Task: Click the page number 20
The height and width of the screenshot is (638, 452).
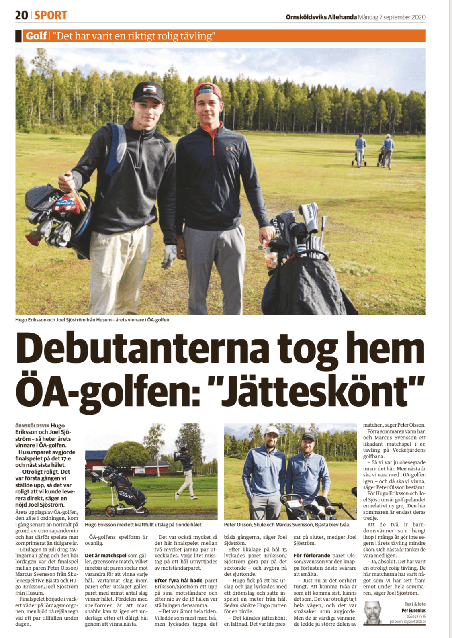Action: [x=22, y=15]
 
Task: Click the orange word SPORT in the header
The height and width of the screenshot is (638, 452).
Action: [x=51, y=15]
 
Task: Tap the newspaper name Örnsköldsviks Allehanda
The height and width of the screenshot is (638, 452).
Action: [x=321, y=17]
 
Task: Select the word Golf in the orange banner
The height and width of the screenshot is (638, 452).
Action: [x=36, y=36]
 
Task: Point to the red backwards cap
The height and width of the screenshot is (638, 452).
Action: [x=208, y=91]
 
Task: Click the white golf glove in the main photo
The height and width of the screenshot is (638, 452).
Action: [x=169, y=256]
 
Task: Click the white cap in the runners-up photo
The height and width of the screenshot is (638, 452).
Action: [x=272, y=431]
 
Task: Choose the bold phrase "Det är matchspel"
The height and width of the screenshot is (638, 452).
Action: [x=106, y=556]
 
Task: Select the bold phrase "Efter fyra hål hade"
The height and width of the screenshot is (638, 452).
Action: [x=178, y=580]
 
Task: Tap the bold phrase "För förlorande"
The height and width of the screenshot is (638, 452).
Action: [x=311, y=556]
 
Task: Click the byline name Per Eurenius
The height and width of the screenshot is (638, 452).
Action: [x=413, y=611]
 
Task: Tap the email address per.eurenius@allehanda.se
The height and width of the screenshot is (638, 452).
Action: [x=407, y=621]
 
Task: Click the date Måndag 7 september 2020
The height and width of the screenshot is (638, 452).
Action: [x=392, y=17]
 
